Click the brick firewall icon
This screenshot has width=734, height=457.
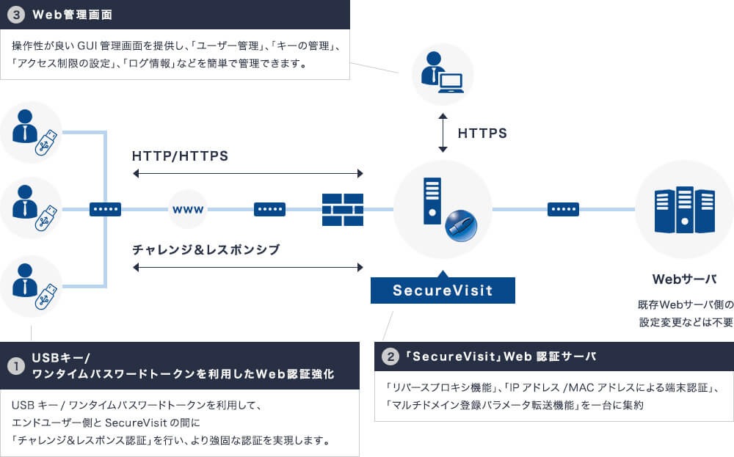point(343,210)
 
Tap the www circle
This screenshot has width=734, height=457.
point(188,210)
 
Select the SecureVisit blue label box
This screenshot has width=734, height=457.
point(443,290)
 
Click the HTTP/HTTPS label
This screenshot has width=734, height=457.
point(180,156)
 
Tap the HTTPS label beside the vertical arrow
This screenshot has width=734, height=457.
point(482,134)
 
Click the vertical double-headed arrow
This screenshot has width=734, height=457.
point(443,133)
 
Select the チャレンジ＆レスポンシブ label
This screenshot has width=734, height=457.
point(206,249)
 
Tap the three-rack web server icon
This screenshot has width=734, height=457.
point(684,210)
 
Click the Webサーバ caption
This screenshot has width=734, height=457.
point(684,279)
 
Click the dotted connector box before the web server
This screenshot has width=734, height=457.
point(563,210)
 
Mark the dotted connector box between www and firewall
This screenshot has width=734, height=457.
point(269,210)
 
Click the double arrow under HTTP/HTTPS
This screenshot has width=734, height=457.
point(248,174)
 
